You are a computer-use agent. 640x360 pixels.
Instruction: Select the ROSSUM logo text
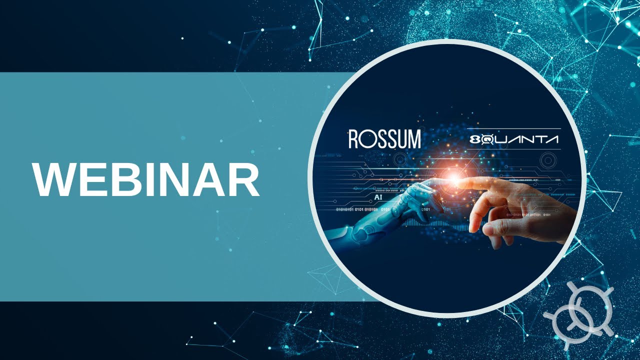[384, 139]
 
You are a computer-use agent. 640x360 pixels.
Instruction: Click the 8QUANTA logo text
[514, 140]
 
